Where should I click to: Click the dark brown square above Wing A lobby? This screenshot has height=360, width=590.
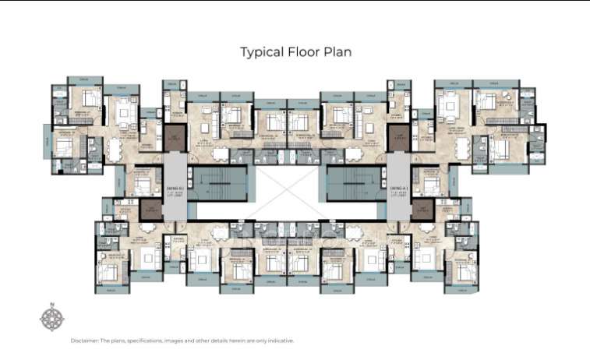(x=400, y=140)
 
